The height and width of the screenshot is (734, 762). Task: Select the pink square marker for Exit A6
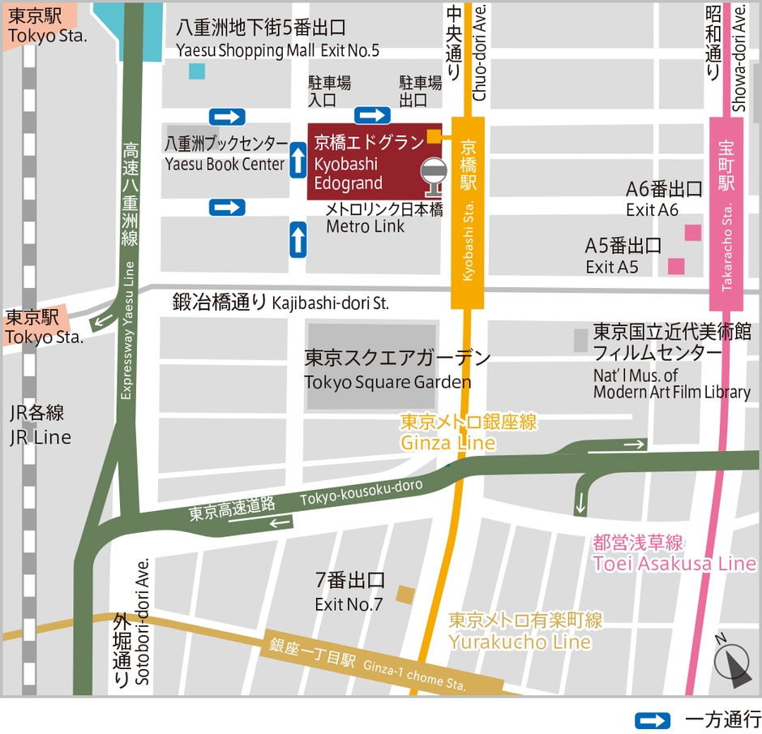point(692,233)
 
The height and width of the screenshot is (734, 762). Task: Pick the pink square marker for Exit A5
point(675,266)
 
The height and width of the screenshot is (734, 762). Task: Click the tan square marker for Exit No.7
point(405,595)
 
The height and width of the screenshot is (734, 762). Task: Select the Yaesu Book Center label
point(225,154)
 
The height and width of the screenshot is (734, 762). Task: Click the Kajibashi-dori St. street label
point(280,303)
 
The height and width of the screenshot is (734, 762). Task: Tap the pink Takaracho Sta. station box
point(726,214)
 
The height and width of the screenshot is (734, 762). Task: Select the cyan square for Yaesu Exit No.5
point(197,71)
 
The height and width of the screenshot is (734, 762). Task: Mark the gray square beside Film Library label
point(580,340)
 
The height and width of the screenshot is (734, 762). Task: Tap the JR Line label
point(40,426)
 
